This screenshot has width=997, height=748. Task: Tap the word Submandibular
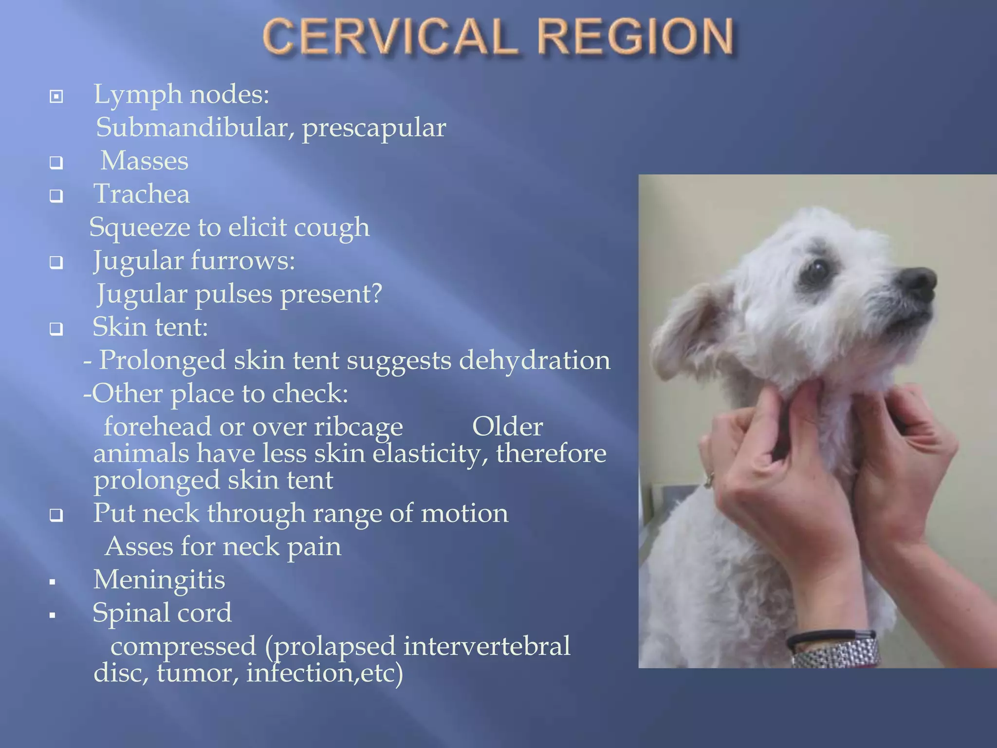click(195, 128)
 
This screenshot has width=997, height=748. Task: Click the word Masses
click(144, 161)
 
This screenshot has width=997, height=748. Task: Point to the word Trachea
click(141, 194)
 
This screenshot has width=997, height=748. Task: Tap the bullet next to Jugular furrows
click(56, 263)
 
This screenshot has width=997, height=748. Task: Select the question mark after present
click(376, 294)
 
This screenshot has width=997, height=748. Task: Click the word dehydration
click(535, 360)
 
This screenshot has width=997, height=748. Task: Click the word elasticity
click(430, 454)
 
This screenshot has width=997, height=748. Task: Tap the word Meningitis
click(159, 580)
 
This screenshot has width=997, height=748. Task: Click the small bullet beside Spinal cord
click(53, 615)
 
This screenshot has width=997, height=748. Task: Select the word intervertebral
click(486, 646)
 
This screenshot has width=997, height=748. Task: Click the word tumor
click(198, 673)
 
